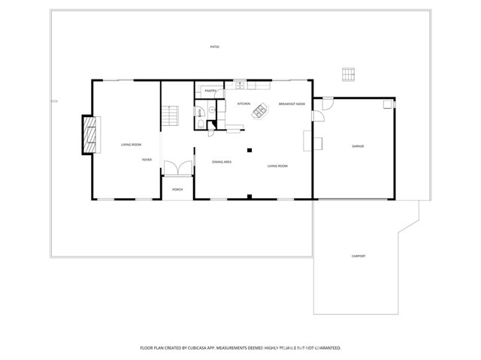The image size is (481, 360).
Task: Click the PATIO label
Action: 215,47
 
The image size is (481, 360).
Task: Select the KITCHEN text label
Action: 244,103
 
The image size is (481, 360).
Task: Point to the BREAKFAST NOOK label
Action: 292,103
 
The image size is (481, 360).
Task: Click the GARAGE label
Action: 358,145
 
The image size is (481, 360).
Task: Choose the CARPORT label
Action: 358,256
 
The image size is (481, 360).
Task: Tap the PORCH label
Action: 177,190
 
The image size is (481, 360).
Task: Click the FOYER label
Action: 147,160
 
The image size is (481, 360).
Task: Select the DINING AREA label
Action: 221,162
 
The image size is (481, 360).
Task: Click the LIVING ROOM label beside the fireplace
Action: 132,144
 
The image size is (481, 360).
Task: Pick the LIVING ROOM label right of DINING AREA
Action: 277,166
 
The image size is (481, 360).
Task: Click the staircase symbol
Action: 172,116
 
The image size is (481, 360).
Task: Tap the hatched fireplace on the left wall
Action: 89,134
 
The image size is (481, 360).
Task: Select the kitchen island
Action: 260,111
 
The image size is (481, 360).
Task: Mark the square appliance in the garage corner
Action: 387,104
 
